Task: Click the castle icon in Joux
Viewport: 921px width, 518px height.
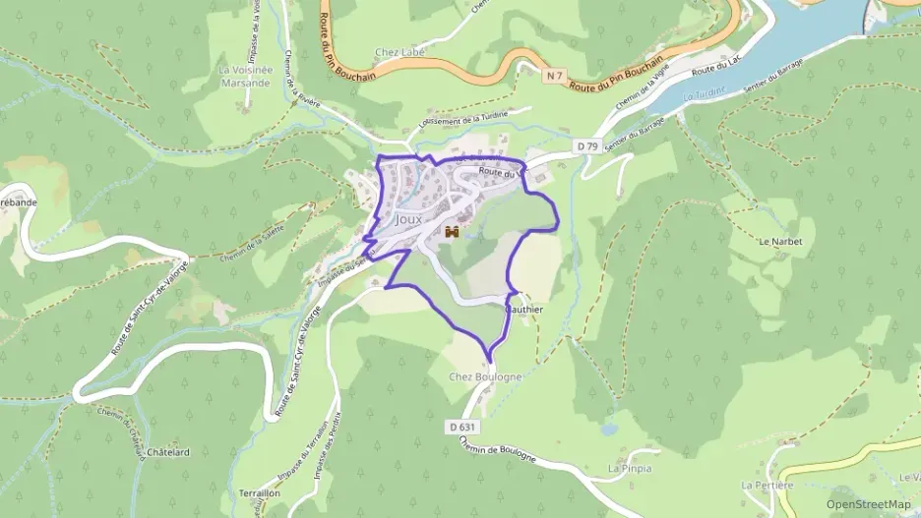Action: pos(454,232)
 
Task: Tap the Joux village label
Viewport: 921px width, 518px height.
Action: pos(408,220)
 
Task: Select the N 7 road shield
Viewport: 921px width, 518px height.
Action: pos(555,75)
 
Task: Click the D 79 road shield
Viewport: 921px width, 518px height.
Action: pos(587,146)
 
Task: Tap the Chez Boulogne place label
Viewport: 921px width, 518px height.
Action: pos(485,377)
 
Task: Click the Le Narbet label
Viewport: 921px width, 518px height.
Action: pos(780,241)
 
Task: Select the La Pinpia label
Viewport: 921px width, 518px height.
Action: pos(630,468)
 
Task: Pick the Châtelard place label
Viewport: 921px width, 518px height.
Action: pos(167,452)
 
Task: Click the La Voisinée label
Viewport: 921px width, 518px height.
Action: pos(244,70)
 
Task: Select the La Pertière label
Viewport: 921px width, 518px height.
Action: pos(767,486)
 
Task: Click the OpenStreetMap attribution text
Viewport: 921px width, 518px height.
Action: pos(869,504)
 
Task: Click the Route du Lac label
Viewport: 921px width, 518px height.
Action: pos(714,70)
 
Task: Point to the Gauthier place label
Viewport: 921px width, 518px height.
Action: pos(524,310)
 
